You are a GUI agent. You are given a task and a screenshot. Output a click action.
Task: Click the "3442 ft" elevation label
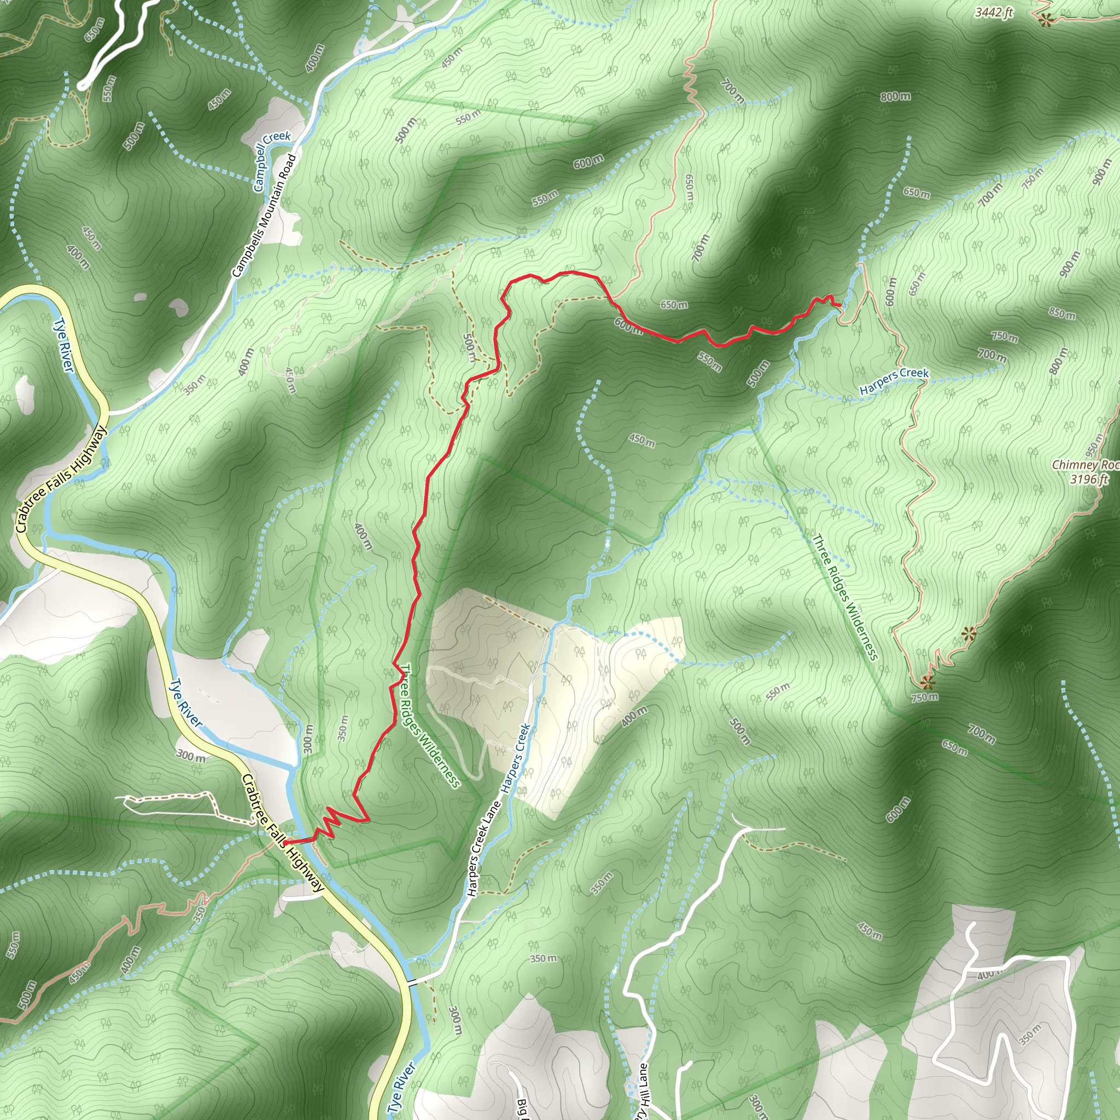(x=994, y=12)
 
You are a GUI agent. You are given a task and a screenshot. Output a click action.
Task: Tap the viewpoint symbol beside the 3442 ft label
(x=1045, y=21)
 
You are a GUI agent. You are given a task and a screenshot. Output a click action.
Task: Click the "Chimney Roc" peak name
(x=1085, y=465)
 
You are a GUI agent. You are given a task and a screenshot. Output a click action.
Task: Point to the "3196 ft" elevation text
(x=1089, y=479)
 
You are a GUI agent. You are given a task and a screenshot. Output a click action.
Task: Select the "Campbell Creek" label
(x=271, y=161)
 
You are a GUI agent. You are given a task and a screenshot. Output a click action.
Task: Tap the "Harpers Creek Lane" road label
(x=483, y=850)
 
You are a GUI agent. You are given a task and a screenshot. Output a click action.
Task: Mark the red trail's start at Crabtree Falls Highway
(x=285, y=842)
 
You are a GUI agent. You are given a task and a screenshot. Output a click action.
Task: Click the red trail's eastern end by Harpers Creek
(x=840, y=305)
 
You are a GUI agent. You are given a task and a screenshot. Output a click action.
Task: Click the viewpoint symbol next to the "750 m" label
(x=926, y=682)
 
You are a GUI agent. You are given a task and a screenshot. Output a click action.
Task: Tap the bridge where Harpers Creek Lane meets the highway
(x=412, y=982)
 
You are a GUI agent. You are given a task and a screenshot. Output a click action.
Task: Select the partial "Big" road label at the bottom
(x=521, y=1107)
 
